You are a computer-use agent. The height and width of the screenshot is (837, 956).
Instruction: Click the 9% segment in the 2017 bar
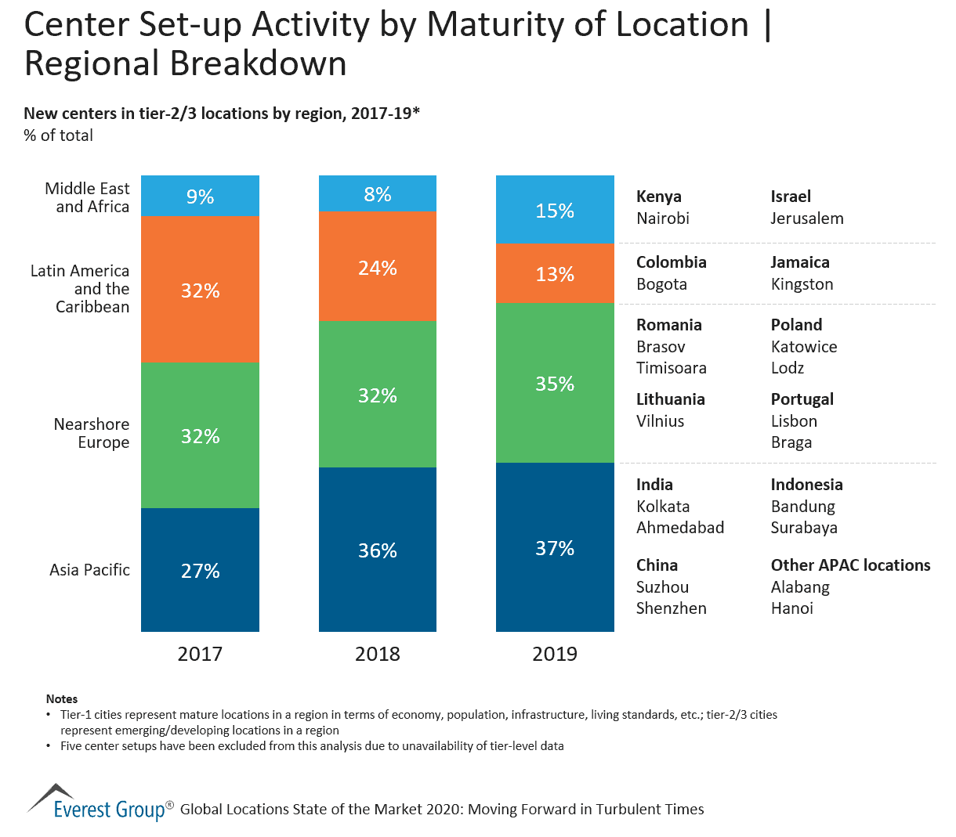pos(200,196)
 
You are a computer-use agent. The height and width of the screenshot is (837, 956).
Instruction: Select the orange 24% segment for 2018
pos(378,266)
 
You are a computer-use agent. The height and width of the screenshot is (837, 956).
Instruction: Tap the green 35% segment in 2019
pos(555,384)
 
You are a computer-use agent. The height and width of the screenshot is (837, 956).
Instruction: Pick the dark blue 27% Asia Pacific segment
pos(200,570)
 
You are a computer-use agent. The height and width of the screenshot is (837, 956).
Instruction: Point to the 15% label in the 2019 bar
pos(555,211)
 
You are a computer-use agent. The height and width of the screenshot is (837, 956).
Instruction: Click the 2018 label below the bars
pos(378,654)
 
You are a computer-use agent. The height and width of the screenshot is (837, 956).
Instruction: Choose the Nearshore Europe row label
pos(92,433)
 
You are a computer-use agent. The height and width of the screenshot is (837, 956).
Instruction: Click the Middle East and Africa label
pos(87,197)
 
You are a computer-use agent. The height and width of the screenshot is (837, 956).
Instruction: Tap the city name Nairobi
pos(663,218)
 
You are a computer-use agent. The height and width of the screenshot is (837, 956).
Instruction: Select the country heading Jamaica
pos(800,262)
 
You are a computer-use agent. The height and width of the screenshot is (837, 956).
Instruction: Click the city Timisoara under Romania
pos(672,368)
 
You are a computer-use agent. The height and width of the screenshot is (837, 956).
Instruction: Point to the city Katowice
pos(804,347)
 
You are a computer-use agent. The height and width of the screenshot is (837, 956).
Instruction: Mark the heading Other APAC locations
pos(850,565)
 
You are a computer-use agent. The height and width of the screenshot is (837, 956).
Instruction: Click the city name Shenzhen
pos(672,608)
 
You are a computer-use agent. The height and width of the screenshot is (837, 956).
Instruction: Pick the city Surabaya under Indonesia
pos(804,528)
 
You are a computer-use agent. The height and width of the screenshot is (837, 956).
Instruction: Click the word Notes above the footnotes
pos(62,699)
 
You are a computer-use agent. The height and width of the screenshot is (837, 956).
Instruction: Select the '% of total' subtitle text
pos(59,135)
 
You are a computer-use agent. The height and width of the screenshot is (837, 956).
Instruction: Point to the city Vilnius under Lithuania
pos(661,421)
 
